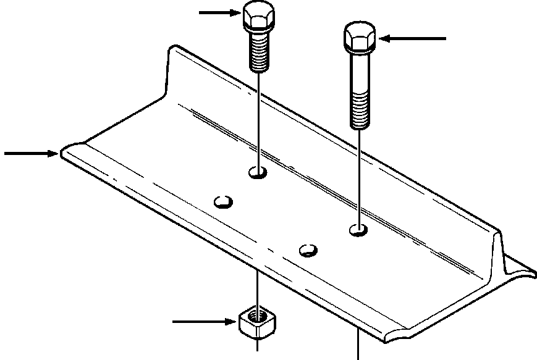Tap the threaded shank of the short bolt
tap(259, 51)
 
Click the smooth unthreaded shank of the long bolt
tap(360, 71)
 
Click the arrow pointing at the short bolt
tap(218, 12)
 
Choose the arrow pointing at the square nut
tap(204, 321)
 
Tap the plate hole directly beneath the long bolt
tap(358, 230)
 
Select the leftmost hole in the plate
tap(222, 201)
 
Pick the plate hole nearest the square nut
tap(308, 250)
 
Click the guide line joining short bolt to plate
tap(258, 117)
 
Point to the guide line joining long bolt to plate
tap(359, 179)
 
